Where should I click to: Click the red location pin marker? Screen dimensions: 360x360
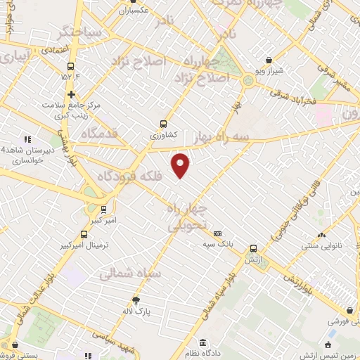pos(181,165)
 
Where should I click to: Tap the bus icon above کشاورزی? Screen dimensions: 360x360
pos(164,121)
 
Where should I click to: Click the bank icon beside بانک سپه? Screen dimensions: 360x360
pos(217,233)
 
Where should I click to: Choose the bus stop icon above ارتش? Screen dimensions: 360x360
pos(254,247)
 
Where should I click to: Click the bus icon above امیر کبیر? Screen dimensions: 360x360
pos(104,209)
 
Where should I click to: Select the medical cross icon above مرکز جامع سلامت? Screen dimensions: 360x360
pos(71,94)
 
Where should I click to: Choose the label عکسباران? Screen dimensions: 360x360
pos(135,12)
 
